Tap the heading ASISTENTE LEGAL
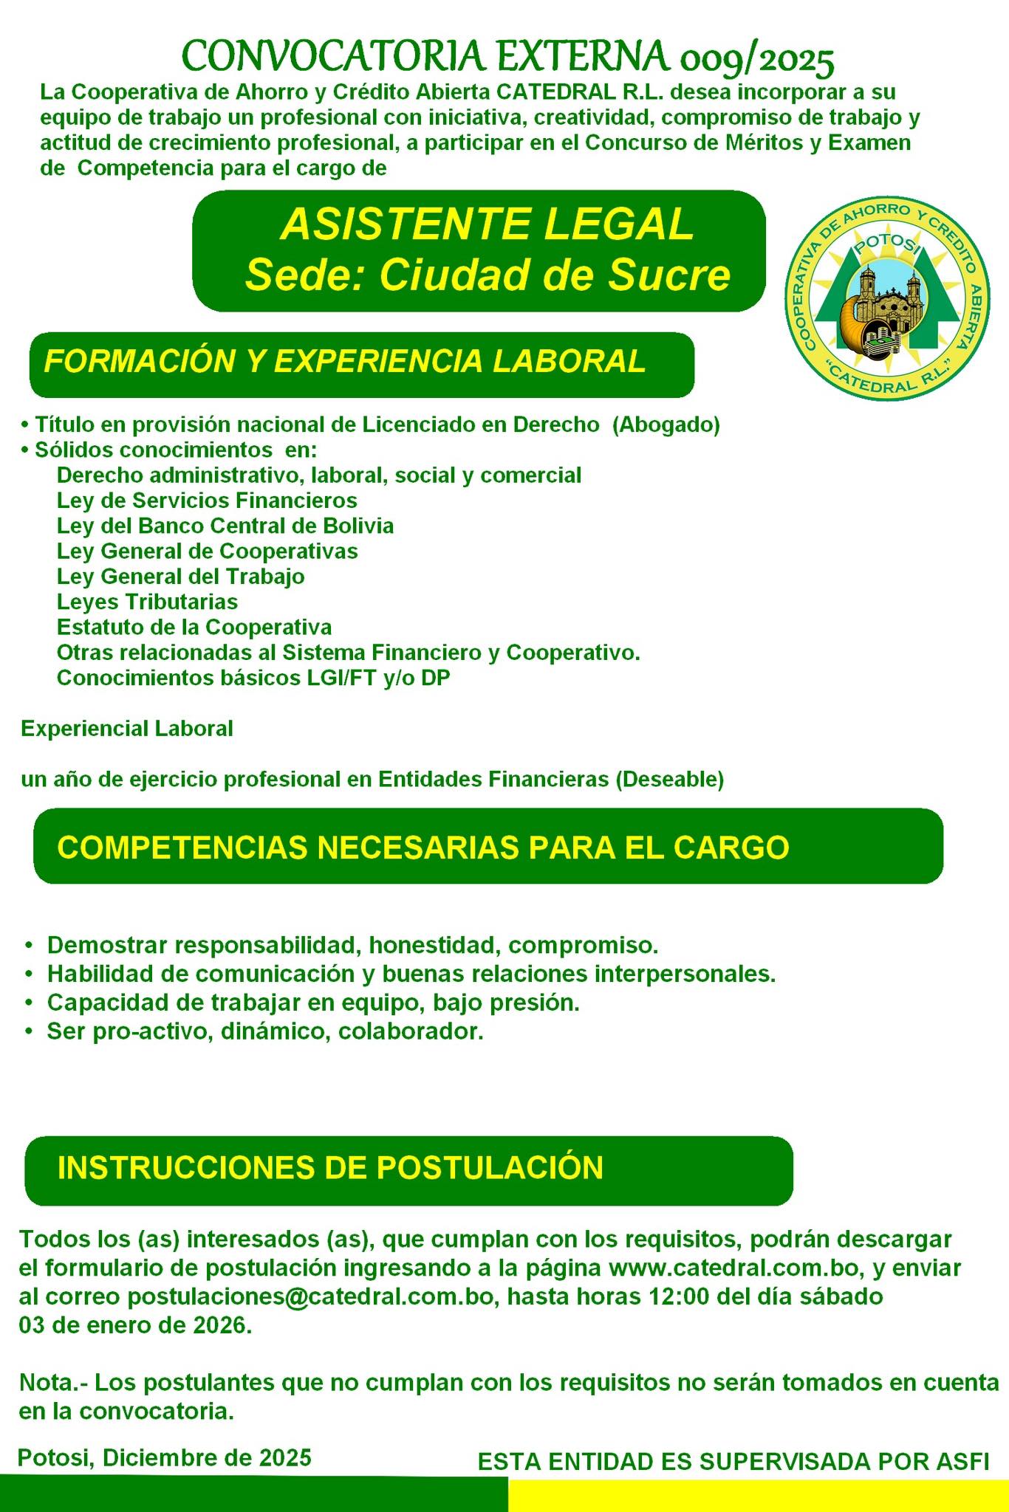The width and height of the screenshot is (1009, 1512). [488, 224]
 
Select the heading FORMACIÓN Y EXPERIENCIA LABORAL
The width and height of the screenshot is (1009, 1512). [345, 361]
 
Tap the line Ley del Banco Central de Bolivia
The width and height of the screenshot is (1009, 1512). [225, 526]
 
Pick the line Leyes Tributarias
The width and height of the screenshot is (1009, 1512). [147, 602]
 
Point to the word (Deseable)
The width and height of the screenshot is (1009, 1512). [670, 779]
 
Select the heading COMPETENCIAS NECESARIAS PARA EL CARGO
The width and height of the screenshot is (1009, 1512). [423, 847]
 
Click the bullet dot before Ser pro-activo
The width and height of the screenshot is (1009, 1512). [29, 1031]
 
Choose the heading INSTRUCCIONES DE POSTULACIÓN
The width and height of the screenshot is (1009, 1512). [330, 1167]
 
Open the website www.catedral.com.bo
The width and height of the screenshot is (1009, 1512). [735, 1268]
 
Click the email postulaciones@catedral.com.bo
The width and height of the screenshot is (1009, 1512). [310, 1296]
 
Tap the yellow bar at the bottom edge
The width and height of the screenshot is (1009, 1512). [758, 1496]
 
